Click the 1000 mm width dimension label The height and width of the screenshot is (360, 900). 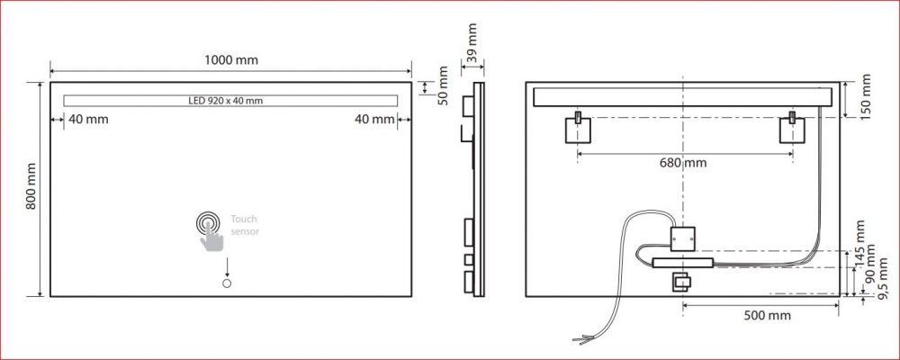(x=231, y=59)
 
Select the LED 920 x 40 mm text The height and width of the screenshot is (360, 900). (x=226, y=101)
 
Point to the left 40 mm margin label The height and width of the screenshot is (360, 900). (x=88, y=120)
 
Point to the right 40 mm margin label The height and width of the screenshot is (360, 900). (x=374, y=120)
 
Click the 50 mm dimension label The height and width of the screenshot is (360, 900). (x=443, y=86)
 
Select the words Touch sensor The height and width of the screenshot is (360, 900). (x=245, y=224)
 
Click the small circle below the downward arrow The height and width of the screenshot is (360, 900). (x=227, y=283)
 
